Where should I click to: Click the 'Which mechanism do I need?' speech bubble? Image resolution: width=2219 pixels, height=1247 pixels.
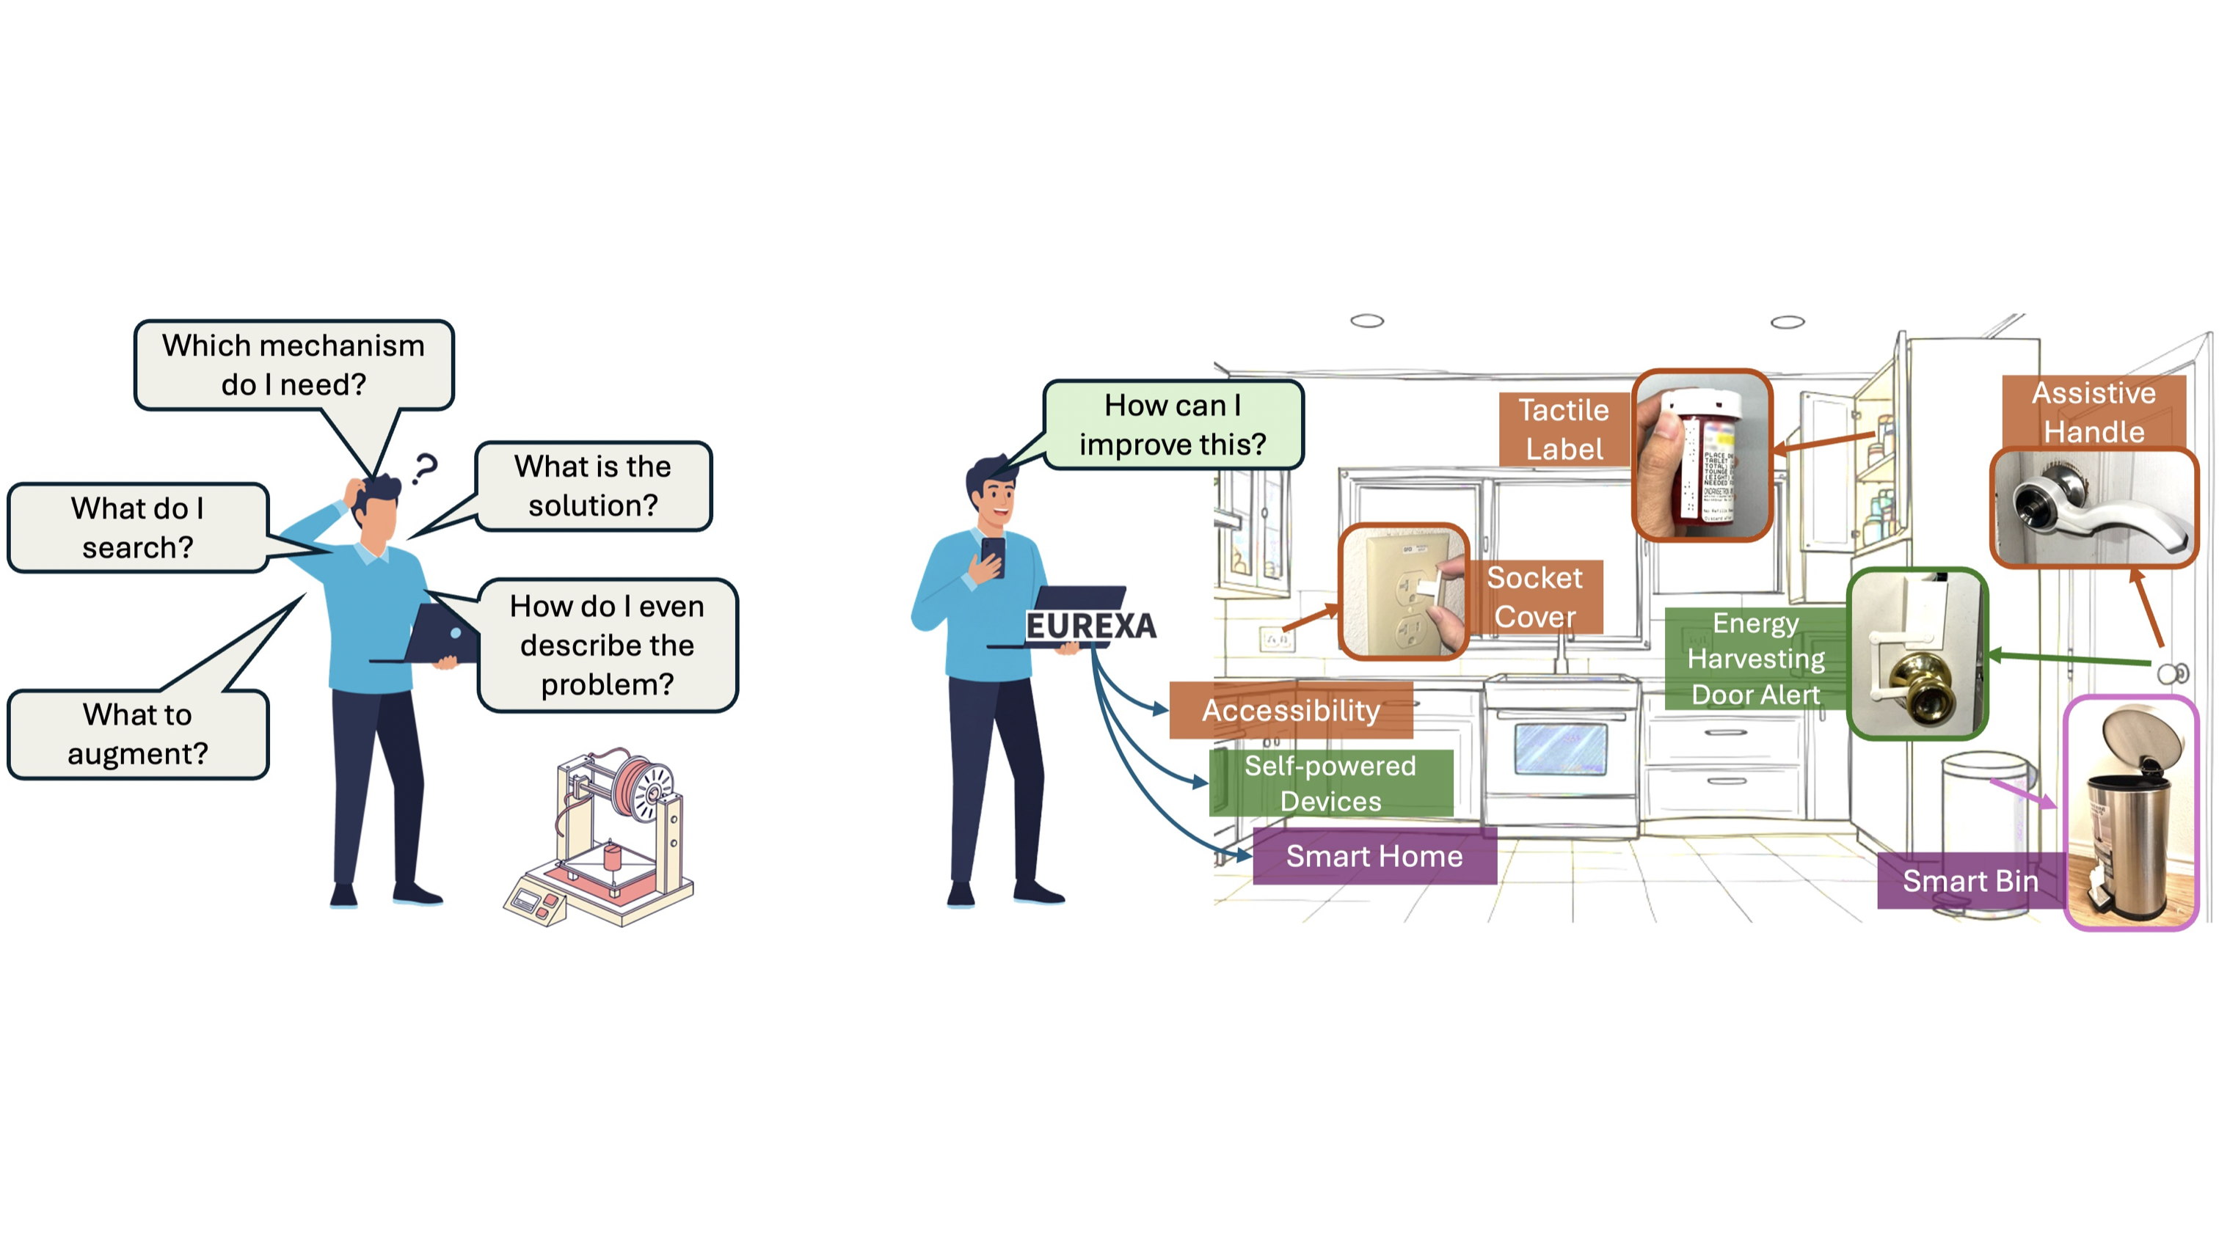click(x=294, y=365)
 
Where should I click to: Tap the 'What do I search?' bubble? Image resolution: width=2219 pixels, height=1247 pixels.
click(x=138, y=527)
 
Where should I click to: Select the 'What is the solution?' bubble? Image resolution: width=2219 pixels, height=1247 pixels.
click(x=593, y=486)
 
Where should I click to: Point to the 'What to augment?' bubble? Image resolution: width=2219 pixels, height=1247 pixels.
click(x=138, y=734)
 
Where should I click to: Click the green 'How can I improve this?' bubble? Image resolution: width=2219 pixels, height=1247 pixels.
click(x=1173, y=425)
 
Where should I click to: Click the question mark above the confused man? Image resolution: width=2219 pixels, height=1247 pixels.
click(x=425, y=469)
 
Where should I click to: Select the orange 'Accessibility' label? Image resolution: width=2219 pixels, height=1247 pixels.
click(x=1291, y=711)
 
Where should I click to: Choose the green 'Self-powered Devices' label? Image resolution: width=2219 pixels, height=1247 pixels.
click(x=1330, y=783)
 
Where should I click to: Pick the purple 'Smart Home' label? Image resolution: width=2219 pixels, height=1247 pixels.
click(x=1374, y=856)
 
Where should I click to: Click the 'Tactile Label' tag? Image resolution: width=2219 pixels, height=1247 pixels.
click(x=1564, y=429)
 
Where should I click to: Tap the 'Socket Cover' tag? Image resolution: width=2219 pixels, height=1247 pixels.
click(x=1534, y=597)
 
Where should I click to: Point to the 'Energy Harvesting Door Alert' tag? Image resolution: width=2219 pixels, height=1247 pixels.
click(x=1755, y=659)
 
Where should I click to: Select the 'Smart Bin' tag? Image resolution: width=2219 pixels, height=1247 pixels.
click(x=1970, y=881)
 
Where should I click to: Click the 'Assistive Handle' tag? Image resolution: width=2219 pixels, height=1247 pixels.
click(x=2094, y=412)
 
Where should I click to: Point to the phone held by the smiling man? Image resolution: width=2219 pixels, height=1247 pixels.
click(x=994, y=556)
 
